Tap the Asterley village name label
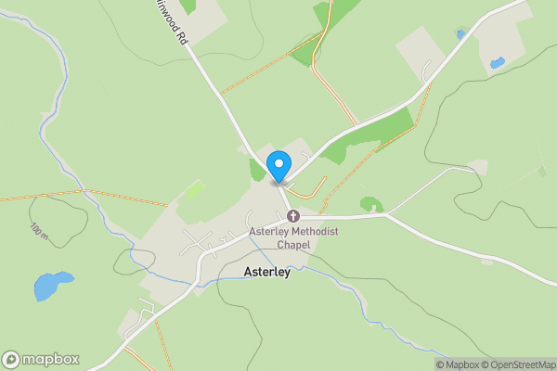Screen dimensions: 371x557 (x=268, y=273)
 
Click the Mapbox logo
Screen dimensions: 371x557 (x=41, y=360)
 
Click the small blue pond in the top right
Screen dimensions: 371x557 (x=498, y=63)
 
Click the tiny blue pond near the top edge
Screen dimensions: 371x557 (x=460, y=34)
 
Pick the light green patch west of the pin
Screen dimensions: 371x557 (x=195, y=190)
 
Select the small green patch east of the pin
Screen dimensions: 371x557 (x=371, y=204)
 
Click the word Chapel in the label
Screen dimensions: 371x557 (x=291, y=245)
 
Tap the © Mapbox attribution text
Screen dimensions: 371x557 (x=458, y=365)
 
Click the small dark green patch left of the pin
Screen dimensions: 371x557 (x=257, y=171)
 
